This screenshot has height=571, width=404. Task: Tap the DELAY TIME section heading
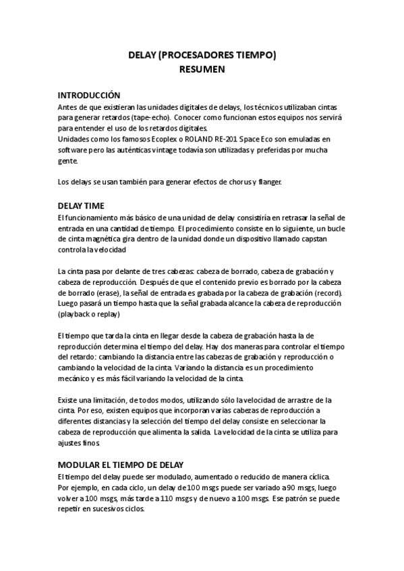80,205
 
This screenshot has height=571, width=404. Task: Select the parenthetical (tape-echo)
153,117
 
